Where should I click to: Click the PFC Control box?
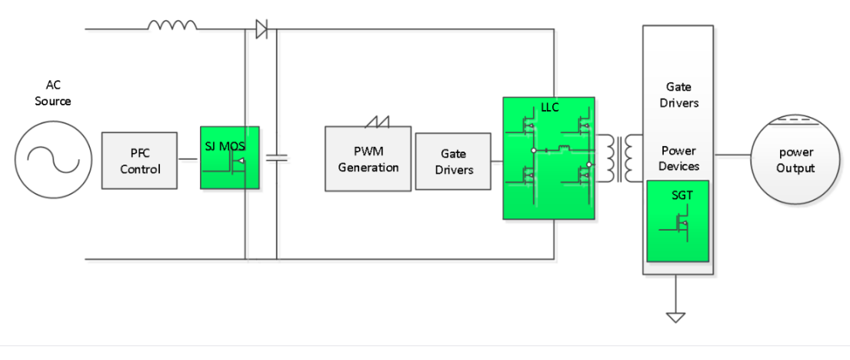[139, 160]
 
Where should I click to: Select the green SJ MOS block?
[229, 158]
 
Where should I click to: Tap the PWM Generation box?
[368, 159]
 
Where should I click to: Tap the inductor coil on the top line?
[172, 25]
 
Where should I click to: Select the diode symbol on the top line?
[261, 30]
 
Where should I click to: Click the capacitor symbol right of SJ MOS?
[276, 158]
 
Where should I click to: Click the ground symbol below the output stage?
[676, 316]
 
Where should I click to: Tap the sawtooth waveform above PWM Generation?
[378, 121]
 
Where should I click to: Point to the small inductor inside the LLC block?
[563, 147]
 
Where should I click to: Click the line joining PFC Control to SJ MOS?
[188, 159]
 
